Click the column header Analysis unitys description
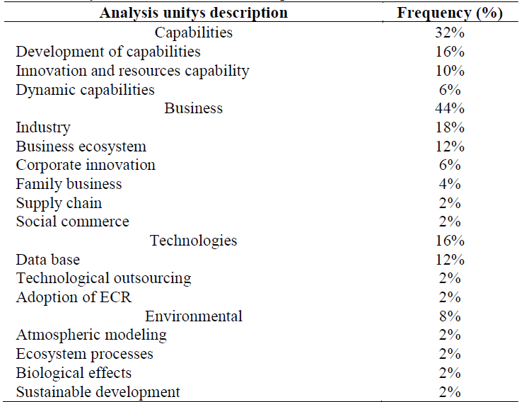[x=193, y=13]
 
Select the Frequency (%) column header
[x=449, y=13]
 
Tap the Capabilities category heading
[x=193, y=33]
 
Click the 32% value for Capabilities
[x=450, y=33]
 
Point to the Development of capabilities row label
[x=108, y=52]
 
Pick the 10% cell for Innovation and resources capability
[x=450, y=71]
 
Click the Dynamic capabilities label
[x=85, y=90]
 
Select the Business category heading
[x=193, y=108]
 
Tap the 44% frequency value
[x=450, y=108]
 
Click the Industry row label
[x=43, y=127]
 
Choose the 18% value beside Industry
[x=450, y=127]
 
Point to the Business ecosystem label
[x=81, y=147]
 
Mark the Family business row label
[x=69, y=184]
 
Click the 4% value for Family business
[x=450, y=184]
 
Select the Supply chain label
[x=59, y=203]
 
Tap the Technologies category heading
[x=193, y=241]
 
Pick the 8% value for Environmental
[x=450, y=316]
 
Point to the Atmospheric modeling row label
[x=91, y=335]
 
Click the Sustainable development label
[x=98, y=392]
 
